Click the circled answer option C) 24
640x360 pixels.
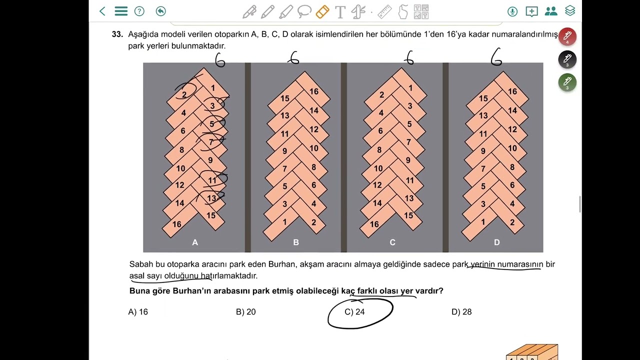pos(355,312)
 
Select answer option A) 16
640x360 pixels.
pos(138,312)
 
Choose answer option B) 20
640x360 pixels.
pos(245,312)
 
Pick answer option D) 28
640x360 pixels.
pos(461,312)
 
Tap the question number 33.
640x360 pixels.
pos(117,34)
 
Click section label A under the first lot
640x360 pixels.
pos(195,242)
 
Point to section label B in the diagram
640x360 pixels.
pos(296,242)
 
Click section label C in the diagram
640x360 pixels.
pos(392,242)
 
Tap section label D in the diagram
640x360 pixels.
pos(496,242)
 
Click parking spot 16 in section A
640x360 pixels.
pos(176,224)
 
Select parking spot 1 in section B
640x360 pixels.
pos(285,222)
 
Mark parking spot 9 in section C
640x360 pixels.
pos(408,160)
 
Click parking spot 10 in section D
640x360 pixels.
pos(512,148)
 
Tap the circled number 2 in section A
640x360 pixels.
pos(184,95)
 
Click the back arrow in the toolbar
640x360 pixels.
pos(102,11)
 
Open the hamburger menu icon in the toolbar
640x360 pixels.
pos(121,11)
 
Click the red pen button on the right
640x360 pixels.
pos(567,36)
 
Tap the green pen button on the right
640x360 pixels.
pos(567,82)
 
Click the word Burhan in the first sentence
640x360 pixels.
pos(282,264)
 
